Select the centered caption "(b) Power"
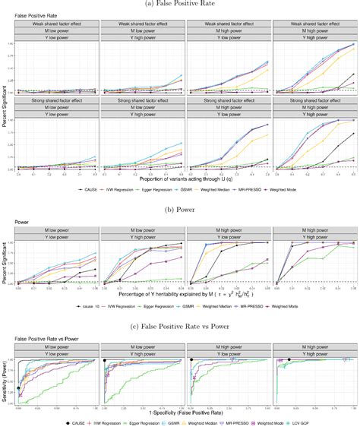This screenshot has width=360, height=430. click(180, 204)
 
